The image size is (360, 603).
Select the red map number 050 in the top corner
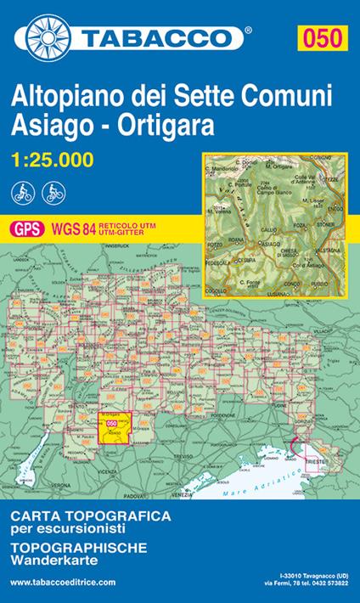coord(325,37)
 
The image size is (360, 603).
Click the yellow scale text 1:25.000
coord(54,158)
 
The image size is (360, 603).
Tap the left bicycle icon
coord(23,192)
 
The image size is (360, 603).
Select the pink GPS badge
coord(25,228)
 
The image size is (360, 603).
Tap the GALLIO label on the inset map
coord(270,229)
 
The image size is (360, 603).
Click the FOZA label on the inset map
coord(301,224)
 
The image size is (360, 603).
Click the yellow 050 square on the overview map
coord(111,430)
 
